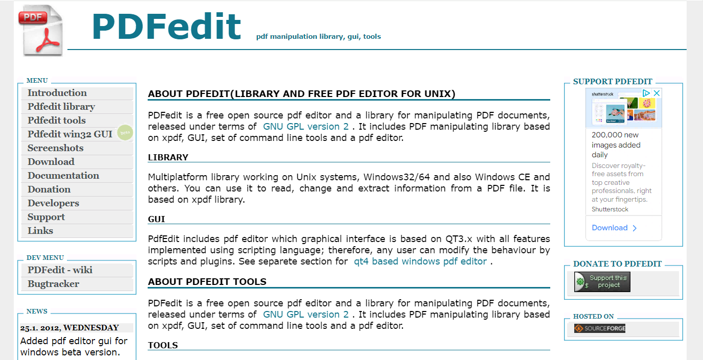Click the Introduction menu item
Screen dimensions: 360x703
57,93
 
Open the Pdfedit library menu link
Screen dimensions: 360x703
61,107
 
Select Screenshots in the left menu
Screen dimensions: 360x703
55,148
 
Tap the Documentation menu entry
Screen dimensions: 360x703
63,176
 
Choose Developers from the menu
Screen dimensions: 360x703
53,203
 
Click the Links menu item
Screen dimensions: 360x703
40,231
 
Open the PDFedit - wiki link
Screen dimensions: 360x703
60,270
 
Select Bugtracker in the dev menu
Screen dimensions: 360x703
53,284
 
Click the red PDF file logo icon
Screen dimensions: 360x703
42,30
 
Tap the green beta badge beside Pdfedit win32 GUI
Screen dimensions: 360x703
124,133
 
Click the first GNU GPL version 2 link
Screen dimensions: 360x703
306,127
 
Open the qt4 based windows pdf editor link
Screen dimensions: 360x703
420,261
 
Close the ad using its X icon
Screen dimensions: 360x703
657,93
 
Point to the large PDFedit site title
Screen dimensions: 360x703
166,27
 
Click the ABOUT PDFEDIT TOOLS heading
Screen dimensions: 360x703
207,282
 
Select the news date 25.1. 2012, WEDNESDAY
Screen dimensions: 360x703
69,328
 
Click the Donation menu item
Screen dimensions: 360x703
49,189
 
